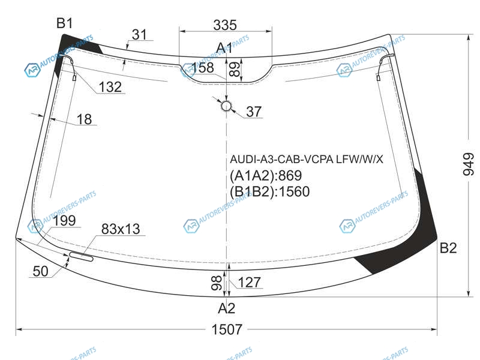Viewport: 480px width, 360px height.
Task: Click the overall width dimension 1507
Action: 227,329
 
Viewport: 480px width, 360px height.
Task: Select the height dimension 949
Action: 468,164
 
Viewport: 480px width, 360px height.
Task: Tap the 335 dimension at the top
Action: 225,25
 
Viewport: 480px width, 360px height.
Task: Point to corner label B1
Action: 65,23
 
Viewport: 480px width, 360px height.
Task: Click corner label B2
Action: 448,248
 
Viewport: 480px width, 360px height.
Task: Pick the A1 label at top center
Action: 224,48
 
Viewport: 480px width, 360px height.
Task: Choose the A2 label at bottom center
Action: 227,308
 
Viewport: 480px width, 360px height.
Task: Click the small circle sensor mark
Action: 226,106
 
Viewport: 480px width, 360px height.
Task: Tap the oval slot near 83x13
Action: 81,257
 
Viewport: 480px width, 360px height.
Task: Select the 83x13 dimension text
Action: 121,229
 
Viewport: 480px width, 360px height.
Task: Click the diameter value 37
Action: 254,112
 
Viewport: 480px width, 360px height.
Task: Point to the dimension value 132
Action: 110,87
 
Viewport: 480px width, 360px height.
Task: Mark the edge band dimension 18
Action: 84,119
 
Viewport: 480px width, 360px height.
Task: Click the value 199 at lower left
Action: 64,220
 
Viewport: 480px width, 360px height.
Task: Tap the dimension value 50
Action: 40,271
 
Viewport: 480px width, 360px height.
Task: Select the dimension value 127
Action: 249,282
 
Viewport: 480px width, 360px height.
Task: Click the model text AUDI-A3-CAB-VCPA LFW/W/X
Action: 307,159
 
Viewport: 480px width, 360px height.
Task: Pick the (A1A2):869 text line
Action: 266,175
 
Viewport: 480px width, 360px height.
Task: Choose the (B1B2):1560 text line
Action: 269,191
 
